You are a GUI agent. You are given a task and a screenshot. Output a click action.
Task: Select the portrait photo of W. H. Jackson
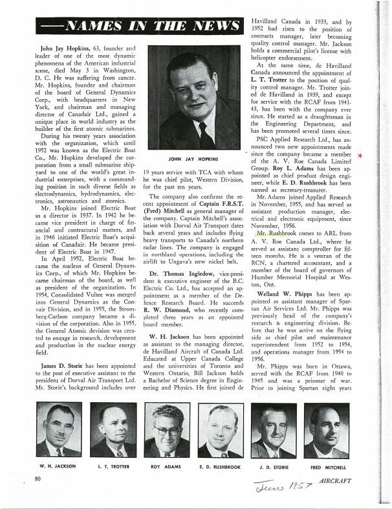59,429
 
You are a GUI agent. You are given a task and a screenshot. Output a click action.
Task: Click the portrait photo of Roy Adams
166,429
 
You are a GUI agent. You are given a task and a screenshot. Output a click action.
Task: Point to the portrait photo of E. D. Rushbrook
220,429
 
